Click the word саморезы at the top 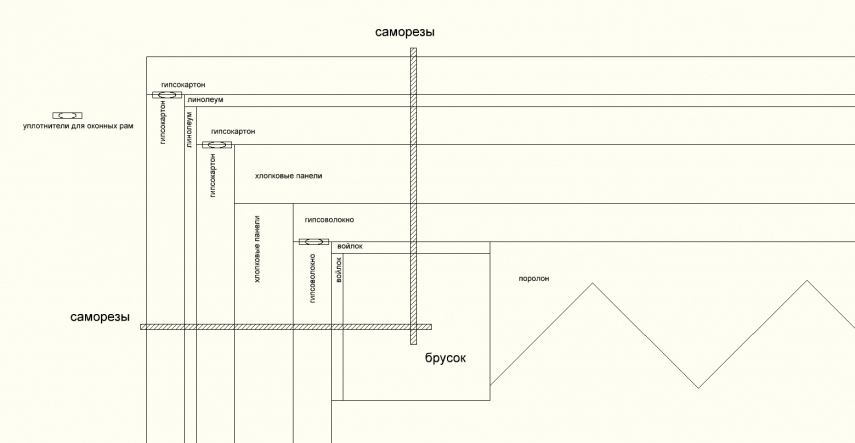405,32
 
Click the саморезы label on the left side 100,317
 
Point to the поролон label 535,278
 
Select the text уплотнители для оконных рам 77,127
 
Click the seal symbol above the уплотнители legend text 67,116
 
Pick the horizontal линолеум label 204,101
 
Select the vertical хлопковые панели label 258,249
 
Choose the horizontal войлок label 349,246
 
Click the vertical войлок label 339,271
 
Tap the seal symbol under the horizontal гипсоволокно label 313,241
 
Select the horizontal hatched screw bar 285,326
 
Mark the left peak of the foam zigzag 593,283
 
